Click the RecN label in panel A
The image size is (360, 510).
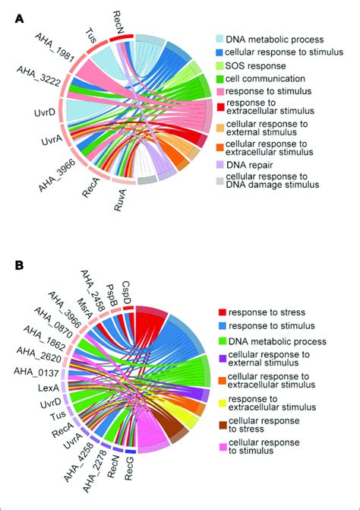(118, 17)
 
